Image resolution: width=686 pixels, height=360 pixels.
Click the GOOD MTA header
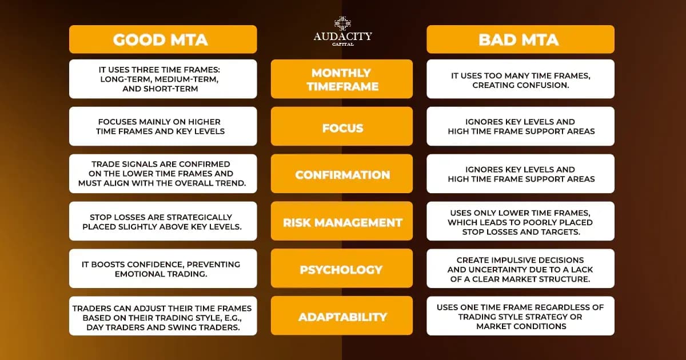click(x=163, y=39)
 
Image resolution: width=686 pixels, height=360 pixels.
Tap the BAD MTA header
click(x=520, y=39)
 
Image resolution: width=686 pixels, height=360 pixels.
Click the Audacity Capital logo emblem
click(x=342, y=23)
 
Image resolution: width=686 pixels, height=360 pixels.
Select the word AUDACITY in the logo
click(x=342, y=37)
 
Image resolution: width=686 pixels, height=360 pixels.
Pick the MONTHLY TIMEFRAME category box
click(x=342, y=79)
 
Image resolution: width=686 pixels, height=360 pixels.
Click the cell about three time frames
click(x=163, y=79)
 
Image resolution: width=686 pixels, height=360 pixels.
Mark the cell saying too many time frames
click(x=520, y=79)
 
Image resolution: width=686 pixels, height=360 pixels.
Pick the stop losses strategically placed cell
click(x=163, y=221)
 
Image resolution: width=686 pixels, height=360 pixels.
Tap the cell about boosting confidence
click(x=163, y=268)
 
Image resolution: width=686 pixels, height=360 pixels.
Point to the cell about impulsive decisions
click(x=520, y=268)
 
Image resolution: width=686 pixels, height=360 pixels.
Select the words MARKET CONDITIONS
click(x=521, y=326)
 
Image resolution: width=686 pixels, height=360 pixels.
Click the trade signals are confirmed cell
click(x=163, y=174)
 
